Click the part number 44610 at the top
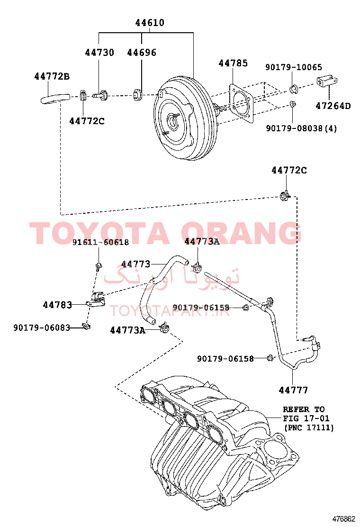pyautogui.click(x=150, y=23)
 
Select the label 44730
pyautogui.click(x=99, y=53)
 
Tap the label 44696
pyautogui.click(x=142, y=53)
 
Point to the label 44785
pyautogui.click(x=233, y=63)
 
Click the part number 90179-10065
pyautogui.click(x=294, y=67)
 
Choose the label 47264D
pyautogui.click(x=333, y=106)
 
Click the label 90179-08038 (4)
pyautogui.click(x=301, y=128)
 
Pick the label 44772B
pyautogui.click(x=52, y=77)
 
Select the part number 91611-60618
pyautogui.click(x=101, y=242)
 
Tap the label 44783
pyautogui.click(x=57, y=305)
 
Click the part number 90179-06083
pyautogui.click(x=42, y=327)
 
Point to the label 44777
pyautogui.click(x=293, y=390)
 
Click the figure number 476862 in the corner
pyautogui.click(x=343, y=519)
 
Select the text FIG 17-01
pyautogui.click(x=306, y=419)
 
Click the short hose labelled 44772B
pyautogui.click(x=55, y=99)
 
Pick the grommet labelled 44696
pyautogui.click(x=137, y=95)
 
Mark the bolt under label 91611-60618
pyautogui.click(x=99, y=267)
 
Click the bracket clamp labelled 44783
pyautogui.click(x=96, y=300)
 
